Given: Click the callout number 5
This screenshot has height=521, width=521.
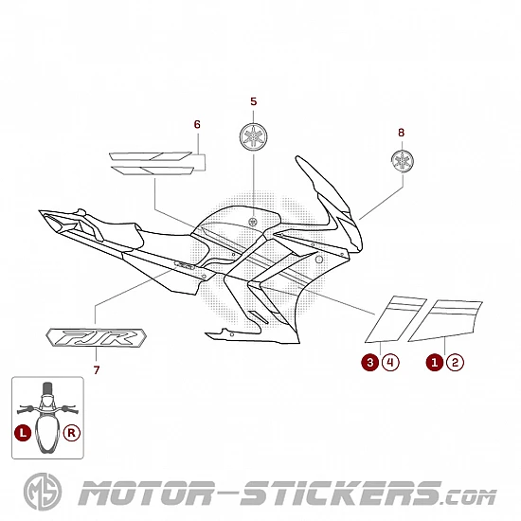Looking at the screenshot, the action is point(254,101).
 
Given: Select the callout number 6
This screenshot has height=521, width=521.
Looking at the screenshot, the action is point(197,124).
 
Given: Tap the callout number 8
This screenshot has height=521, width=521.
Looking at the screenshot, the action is point(401,133).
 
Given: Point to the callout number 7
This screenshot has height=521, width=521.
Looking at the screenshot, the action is point(97,369).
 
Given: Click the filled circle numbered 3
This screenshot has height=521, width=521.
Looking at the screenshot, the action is point(369,362).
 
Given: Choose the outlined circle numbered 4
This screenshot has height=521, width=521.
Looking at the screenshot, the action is point(390,362).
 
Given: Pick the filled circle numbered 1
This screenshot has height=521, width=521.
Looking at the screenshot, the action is point(435,362).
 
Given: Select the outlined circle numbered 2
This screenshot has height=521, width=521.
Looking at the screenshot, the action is point(456,362).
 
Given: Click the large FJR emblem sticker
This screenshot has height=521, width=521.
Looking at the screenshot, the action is point(96,337).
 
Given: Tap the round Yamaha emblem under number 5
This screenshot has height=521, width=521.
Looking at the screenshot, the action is point(254,136).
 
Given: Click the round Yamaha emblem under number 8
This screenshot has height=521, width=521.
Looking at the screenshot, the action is point(403,161).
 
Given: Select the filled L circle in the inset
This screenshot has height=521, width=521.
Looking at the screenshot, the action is point(23,433).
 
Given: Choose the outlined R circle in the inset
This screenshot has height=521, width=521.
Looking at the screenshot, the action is point(72,433).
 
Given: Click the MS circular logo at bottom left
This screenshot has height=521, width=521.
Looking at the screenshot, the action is point(43,492).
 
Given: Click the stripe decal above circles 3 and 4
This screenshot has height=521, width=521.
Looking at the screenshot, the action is point(396,319).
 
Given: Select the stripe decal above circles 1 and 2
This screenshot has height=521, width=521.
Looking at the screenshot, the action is point(445,320).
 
